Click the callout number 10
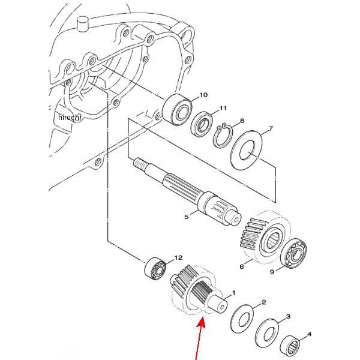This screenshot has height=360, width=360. point(203,95)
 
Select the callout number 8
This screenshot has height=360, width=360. point(242,121)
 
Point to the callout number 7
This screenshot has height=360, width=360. point(270,129)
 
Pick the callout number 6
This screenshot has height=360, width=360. point(242,266)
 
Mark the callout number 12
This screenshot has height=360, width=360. point(178,258)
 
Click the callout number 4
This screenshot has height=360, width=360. point(310,335)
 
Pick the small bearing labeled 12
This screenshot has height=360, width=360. point(155,268)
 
